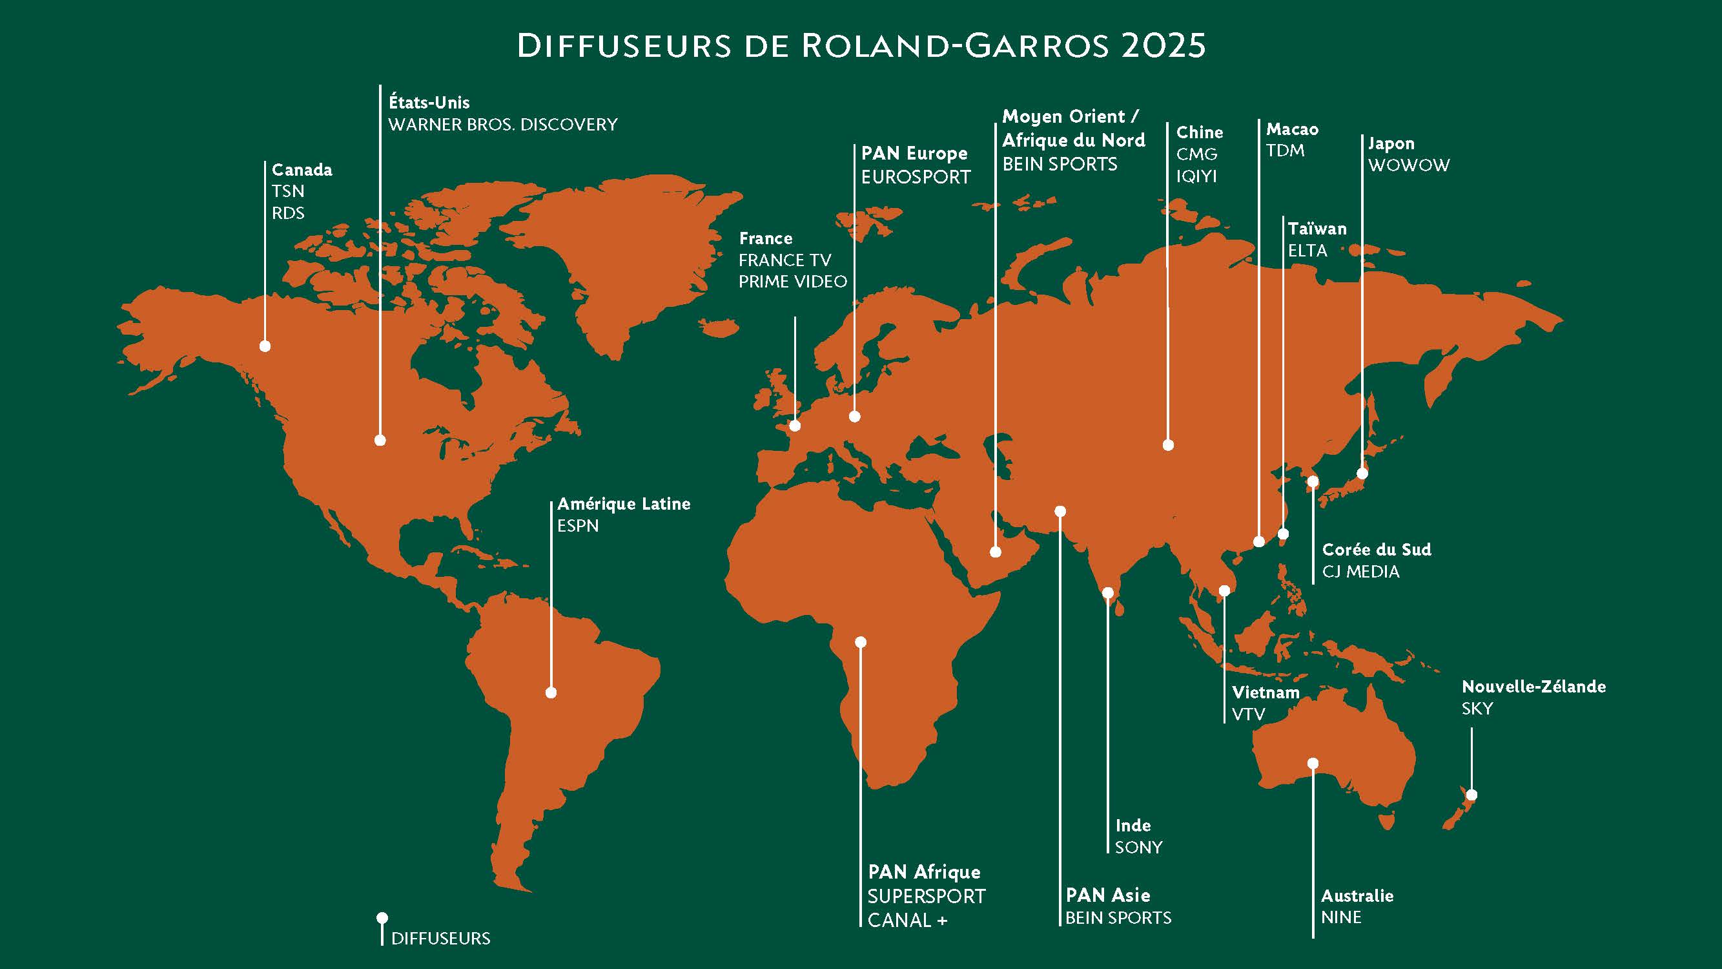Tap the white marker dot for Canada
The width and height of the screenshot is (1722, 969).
point(265,346)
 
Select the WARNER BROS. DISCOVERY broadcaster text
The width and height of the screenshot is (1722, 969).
point(503,125)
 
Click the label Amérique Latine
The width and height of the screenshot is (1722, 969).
point(623,504)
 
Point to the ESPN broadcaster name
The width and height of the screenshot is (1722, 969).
point(578,526)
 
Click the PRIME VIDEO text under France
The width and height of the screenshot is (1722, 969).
point(792,282)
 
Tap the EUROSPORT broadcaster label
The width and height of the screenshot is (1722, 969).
point(915,177)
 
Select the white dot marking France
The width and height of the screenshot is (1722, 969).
point(795,425)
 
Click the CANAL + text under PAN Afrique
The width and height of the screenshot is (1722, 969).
point(907,921)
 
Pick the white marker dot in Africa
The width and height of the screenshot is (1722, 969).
point(860,642)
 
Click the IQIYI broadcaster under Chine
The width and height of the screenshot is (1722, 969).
point(1196,176)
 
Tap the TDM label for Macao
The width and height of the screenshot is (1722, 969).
point(1285,151)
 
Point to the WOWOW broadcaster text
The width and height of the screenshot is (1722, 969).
point(1408,165)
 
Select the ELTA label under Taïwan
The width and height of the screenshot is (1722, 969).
point(1307,251)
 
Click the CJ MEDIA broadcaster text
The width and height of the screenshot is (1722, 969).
point(1360,572)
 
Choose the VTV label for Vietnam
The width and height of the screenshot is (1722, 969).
point(1248,714)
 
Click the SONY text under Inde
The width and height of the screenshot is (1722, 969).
point(1138,848)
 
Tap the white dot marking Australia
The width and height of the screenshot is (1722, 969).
point(1313,763)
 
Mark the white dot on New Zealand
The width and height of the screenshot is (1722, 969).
point(1471,795)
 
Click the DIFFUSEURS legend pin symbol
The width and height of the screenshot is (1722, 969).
point(382,918)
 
